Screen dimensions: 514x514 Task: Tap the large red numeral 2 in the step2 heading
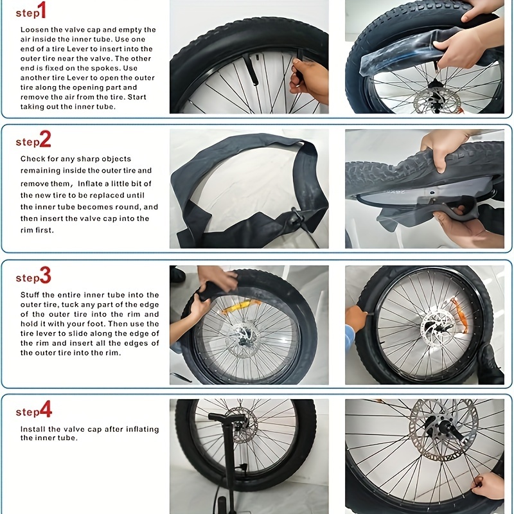[x=46, y=139]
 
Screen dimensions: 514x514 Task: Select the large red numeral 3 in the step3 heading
[x=46, y=276]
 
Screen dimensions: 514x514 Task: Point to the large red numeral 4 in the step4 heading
[x=46, y=410]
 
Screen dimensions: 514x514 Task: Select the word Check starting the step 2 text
[x=32, y=159]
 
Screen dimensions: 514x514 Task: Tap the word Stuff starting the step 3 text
[x=31, y=295]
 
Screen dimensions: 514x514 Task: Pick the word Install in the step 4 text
[x=34, y=429]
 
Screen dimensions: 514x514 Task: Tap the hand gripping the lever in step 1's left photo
[x=311, y=78]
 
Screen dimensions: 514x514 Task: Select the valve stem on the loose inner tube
[x=296, y=222]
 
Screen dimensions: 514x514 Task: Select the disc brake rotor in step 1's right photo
[x=437, y=102]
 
